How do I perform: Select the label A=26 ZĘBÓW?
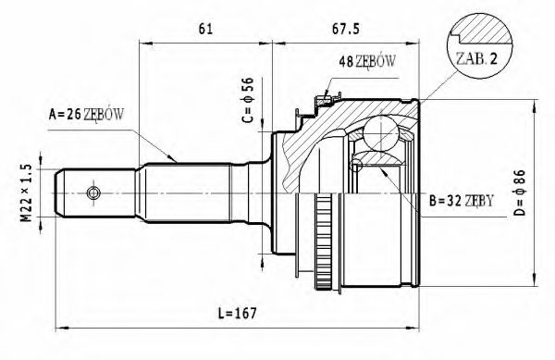click(86, 115)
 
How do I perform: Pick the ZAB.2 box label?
click(476, 57)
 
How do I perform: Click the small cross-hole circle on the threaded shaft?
click(92, 192)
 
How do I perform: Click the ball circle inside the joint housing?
click(379, 134)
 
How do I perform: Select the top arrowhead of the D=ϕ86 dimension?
click(535, 105)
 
